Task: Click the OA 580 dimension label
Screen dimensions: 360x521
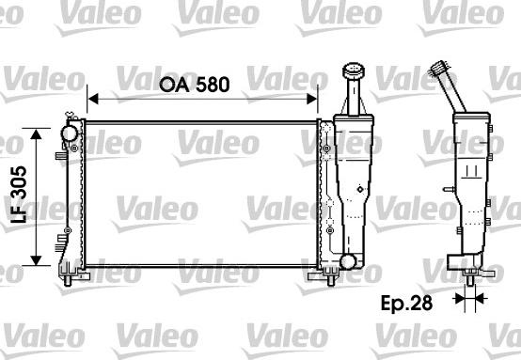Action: tap(193, 83)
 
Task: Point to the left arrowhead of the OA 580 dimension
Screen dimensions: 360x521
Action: tap(91, 96)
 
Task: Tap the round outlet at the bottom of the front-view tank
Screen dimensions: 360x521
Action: tap(348, 260)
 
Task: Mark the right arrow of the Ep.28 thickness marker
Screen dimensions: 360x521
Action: tap(482, 298)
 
